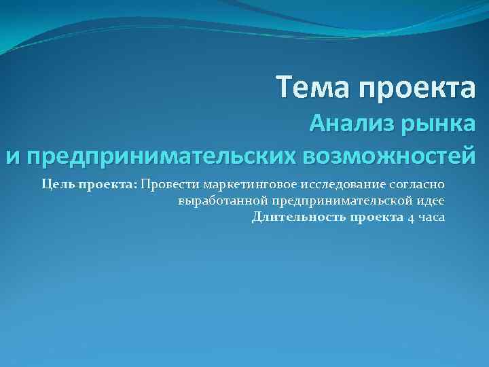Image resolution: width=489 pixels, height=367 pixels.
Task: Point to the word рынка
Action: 438,124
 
